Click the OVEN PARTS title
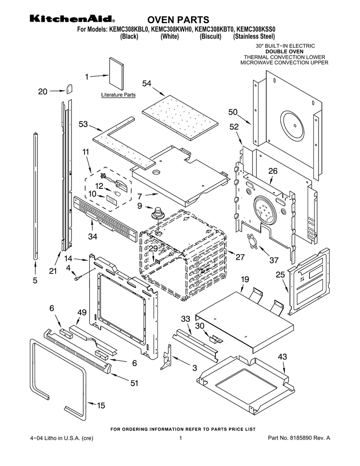click(178, 20)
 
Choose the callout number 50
click(233, 112)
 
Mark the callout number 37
click(274, 260)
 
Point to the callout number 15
click(101, 405)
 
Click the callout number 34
click(93, 236)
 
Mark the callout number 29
click(153, 248)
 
